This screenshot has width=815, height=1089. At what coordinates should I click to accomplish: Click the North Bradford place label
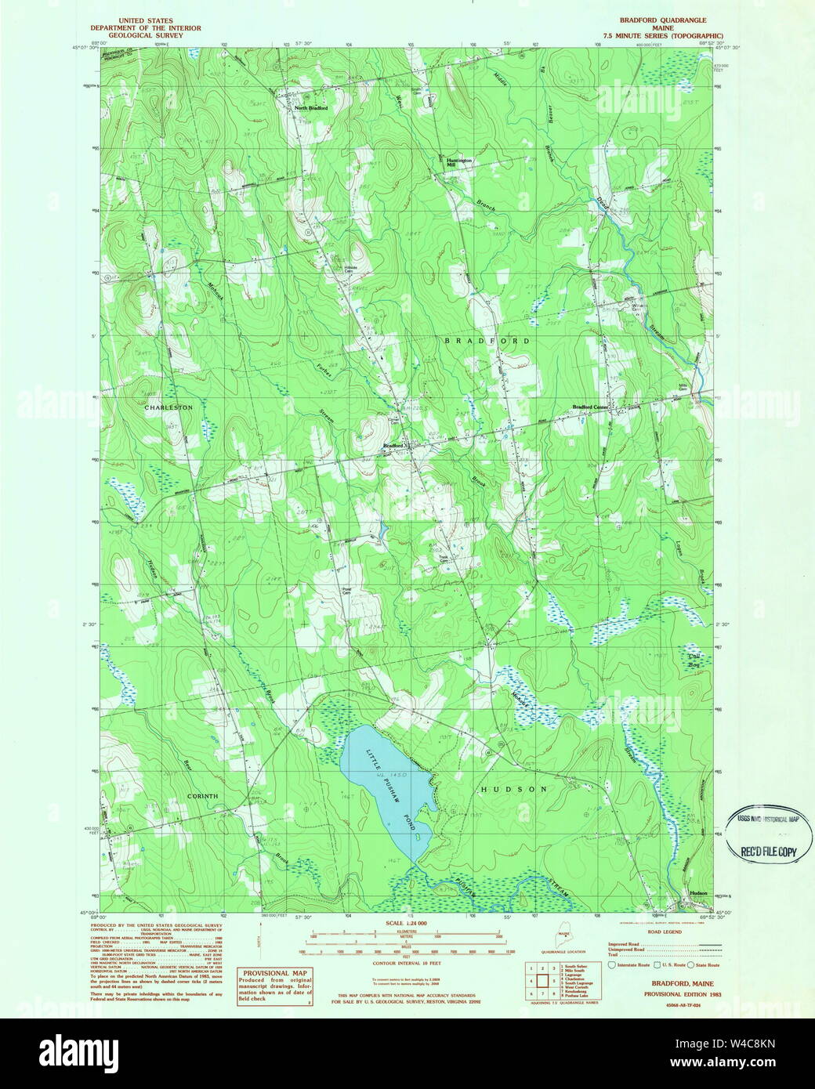click(311, 108)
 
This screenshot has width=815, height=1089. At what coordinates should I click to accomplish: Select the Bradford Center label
click(591, 407)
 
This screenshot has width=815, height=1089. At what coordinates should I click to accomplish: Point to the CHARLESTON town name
click(168, 408)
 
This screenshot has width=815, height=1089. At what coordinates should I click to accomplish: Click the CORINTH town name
click(202, 796)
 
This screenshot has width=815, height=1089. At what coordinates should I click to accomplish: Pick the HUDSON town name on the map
click(513, 789)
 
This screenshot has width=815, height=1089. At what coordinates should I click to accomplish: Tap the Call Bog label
click(694, 660)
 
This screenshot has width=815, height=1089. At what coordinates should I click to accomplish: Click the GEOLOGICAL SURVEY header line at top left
click(145, 35)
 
